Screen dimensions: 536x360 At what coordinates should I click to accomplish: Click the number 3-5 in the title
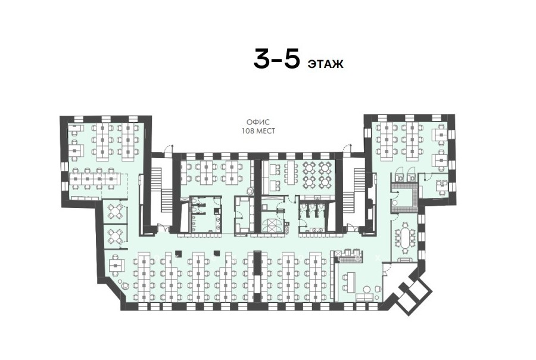point(277,59)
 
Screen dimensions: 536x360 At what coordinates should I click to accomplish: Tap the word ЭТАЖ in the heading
point(326,64)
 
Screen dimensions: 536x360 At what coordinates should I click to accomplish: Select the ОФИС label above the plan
point(258,122)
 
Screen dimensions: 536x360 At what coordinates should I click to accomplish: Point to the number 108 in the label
point(248,131)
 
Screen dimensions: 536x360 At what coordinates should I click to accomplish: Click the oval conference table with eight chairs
point(405,237)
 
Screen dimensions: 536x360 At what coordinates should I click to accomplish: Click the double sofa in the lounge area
point(364,297)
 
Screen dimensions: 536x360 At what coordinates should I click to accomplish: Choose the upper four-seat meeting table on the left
point(115,212)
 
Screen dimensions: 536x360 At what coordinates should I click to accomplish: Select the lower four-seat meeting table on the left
point(115,236)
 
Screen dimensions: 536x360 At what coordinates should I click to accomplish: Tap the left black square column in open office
point(177,253)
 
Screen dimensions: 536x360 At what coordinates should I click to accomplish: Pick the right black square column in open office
point(216,253)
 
